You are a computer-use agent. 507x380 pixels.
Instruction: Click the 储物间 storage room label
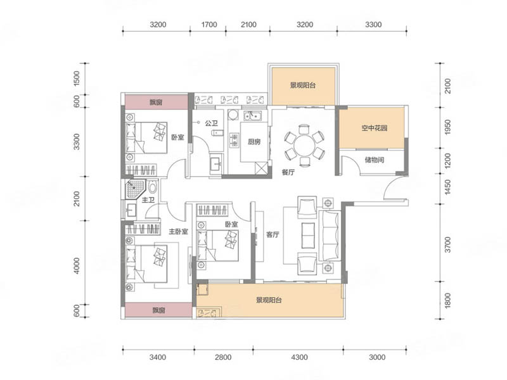pos(374,160)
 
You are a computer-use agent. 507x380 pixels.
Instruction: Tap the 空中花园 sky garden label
pos(374,128)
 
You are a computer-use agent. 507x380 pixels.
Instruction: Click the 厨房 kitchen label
pos(254,141)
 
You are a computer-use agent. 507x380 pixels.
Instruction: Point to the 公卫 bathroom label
pos(212,123)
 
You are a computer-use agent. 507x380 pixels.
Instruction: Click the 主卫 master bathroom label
pos(148,200)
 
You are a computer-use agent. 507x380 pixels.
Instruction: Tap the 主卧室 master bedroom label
pos(178,232)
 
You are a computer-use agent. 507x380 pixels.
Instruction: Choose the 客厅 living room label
pos(273,234)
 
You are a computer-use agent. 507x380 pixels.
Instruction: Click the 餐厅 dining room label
pos(288,172)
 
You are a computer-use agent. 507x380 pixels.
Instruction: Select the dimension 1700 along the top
pos(209,25)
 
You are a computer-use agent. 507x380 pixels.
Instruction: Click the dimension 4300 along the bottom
pos(299,357)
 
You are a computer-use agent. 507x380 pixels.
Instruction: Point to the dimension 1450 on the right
pos(447,187)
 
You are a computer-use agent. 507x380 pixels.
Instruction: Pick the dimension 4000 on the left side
pos(76,265)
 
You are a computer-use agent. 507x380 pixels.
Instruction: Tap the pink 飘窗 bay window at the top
pos(156,102)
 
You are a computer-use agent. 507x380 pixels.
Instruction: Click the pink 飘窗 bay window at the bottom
pos(158,310)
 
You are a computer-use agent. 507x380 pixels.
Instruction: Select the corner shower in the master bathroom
pos(134,189)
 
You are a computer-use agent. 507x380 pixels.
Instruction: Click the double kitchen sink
pos(252,115)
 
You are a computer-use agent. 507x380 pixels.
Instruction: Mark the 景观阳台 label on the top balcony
pos(302,85)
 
